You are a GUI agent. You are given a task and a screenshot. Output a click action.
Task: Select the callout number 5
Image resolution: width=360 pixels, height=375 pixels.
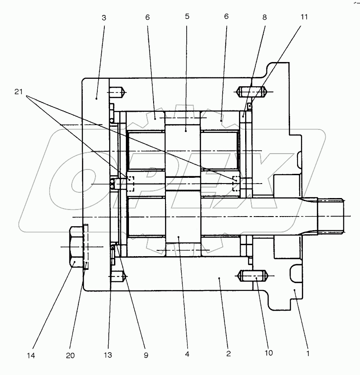click(x=187, y=17)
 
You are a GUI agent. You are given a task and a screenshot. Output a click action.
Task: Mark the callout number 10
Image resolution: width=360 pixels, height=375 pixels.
click(x=268, y=353)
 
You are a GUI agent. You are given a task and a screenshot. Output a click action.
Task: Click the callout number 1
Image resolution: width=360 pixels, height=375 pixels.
click(x=308, y=353)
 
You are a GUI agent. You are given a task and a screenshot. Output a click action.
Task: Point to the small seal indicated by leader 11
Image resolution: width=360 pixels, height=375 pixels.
click(x=250, y=106)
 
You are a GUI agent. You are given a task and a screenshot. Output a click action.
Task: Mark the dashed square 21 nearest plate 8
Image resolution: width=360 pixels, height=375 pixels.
click(x=236, y=184)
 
